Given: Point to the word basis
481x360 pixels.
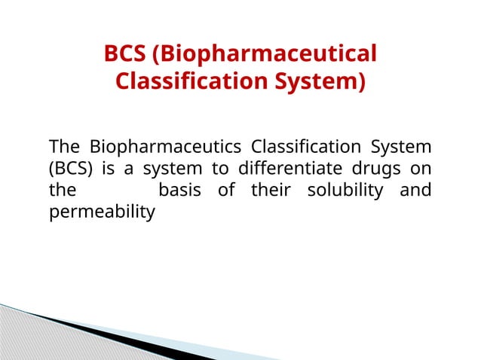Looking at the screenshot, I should tap(180, 190).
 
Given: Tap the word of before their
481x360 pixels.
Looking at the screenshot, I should tap(226, 190).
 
